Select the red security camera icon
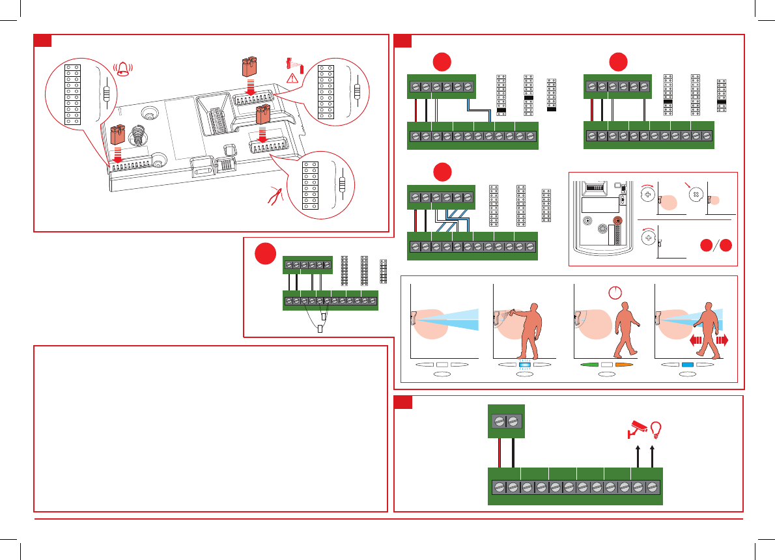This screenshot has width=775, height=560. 636,427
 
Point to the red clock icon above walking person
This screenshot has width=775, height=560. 613,292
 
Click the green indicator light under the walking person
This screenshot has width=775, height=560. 590,365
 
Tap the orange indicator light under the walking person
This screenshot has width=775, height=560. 624,365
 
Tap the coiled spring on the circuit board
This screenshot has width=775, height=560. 137,137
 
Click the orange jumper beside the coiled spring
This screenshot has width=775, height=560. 117,135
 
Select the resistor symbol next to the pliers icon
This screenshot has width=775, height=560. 343,184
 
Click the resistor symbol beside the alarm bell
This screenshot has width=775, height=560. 106,94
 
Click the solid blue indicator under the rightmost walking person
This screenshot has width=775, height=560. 686,365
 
